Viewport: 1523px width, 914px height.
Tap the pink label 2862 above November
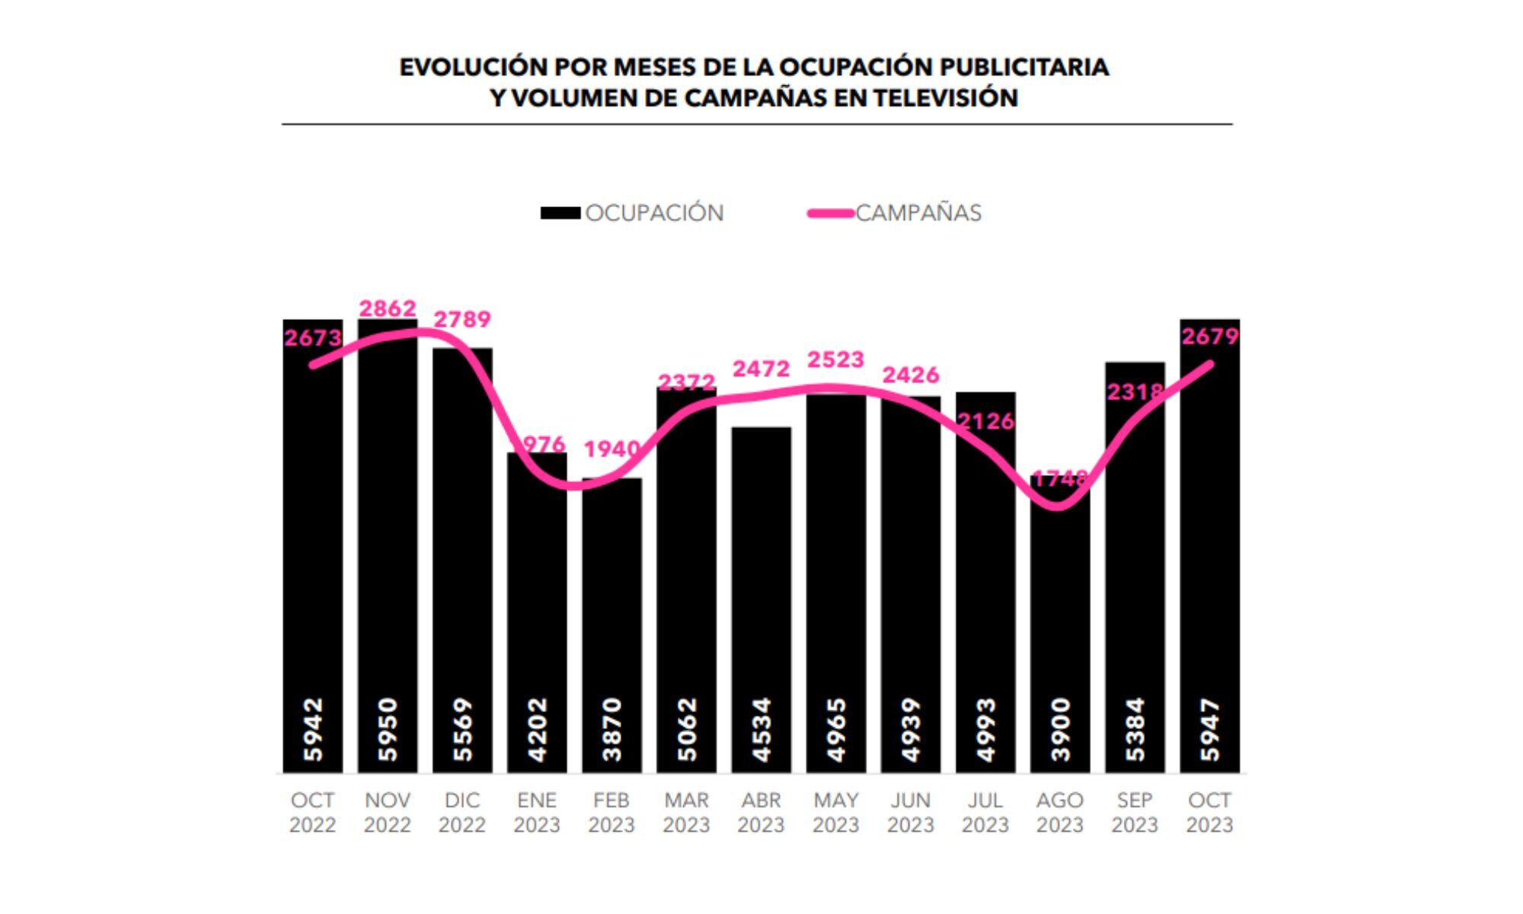388,308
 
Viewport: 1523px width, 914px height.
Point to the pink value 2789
462,319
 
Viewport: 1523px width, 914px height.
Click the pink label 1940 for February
611,449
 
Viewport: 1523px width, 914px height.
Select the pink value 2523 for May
835,360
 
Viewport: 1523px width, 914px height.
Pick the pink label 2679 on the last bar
1210,336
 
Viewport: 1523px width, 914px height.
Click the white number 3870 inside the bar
611,729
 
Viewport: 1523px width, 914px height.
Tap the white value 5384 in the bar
1135,729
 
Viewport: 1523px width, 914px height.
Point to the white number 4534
761,729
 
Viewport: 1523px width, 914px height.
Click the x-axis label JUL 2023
985,813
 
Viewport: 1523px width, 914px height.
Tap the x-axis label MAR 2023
686,813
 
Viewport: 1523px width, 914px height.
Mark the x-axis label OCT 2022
312,813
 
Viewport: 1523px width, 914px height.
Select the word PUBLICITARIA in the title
1023,67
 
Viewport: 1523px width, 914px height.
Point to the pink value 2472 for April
761,369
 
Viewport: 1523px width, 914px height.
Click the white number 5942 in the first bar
313,729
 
